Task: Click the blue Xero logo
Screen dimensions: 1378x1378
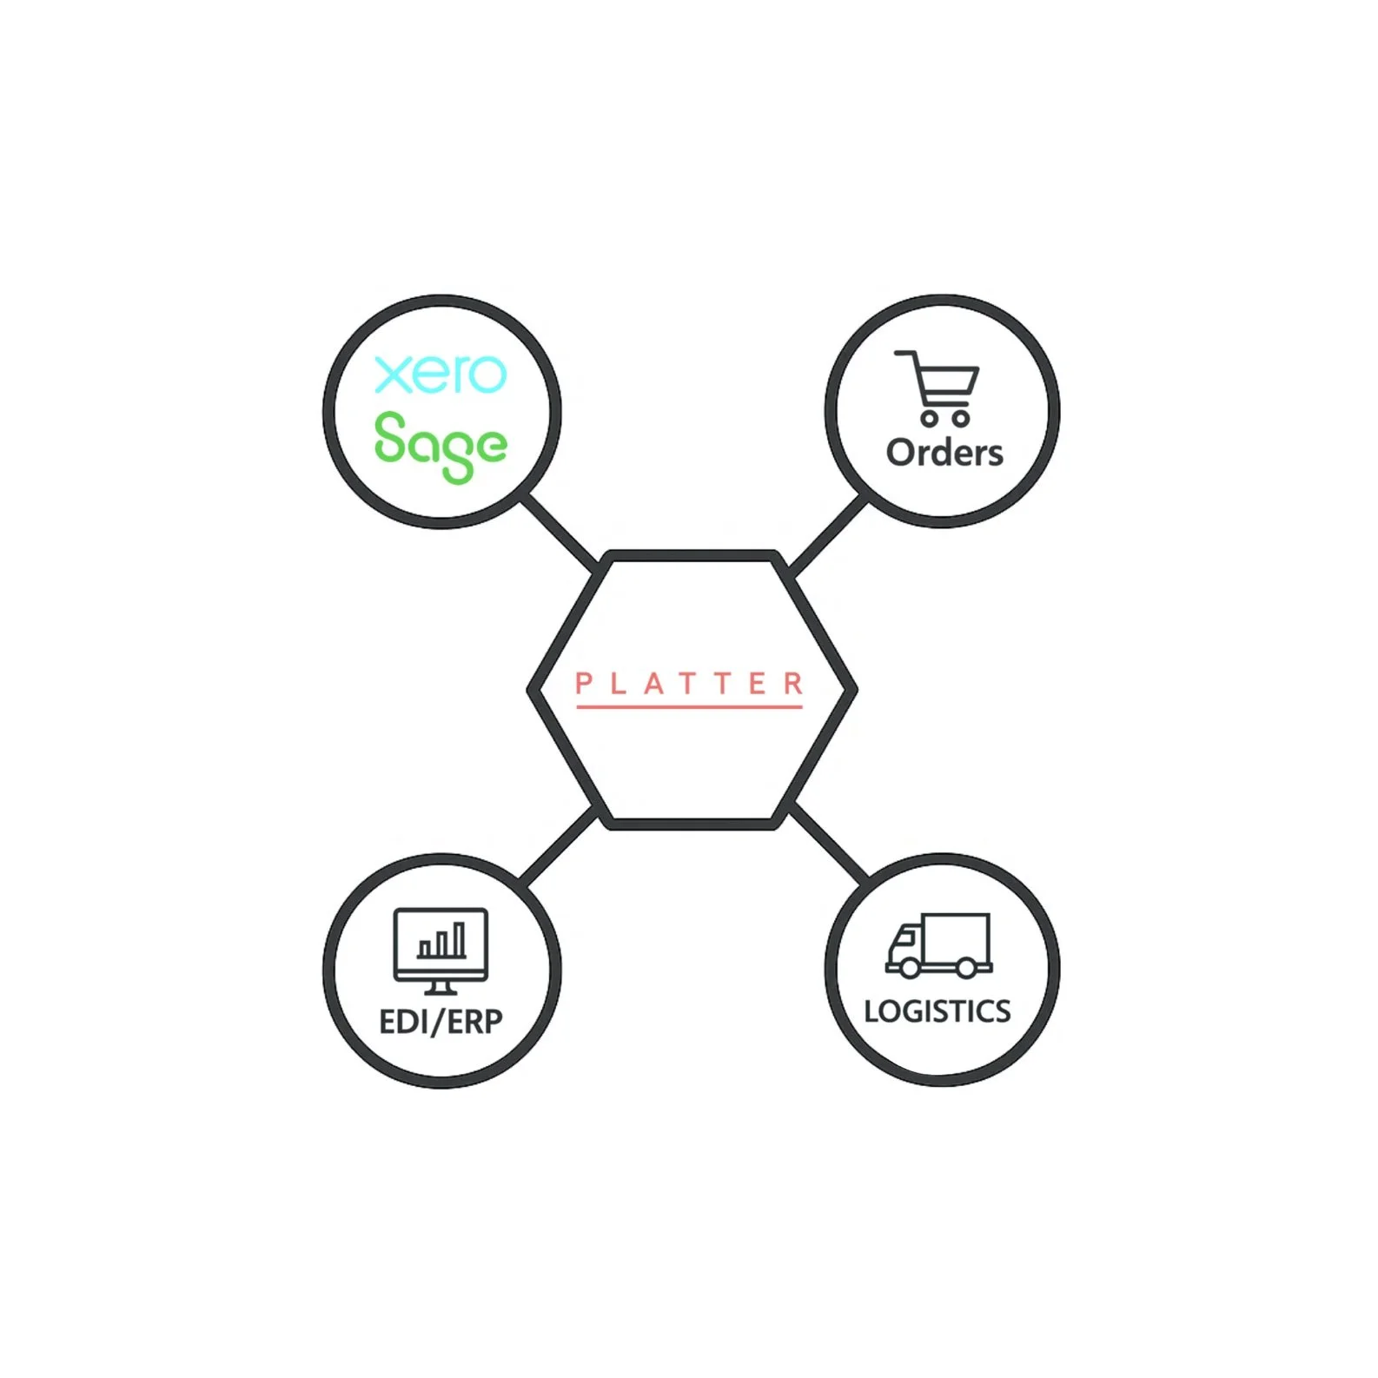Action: [x=440, y=374]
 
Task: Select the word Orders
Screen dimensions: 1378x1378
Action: [x=944, y=453]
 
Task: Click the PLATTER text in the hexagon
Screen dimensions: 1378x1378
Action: [x=689, y=683]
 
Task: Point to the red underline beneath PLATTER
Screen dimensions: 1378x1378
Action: [x=689, y=706]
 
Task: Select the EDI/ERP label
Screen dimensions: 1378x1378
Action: [x=441, y=1021]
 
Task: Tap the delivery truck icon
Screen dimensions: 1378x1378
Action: [x=938, y=945]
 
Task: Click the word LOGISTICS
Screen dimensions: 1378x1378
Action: [x=937, y=1010]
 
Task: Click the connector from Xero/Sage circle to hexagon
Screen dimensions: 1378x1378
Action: [x=560, y=533]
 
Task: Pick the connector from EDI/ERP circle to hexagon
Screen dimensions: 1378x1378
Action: [x=560, y=845]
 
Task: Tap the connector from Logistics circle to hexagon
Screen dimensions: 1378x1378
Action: [x=829, y=843]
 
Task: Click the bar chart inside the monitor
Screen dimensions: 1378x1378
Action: [x=442, y=941]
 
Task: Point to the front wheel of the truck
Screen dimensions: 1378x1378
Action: [x=909, y=966]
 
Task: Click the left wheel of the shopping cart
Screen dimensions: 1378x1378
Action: [x=929, y=418]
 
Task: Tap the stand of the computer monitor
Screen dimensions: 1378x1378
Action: [x=441, y=988]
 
